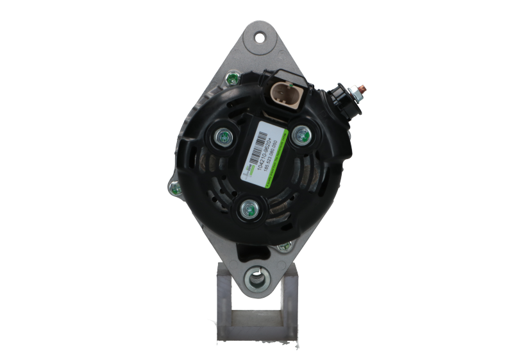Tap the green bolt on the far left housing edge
tap(172, 187)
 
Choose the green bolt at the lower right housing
tap(283, 244)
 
